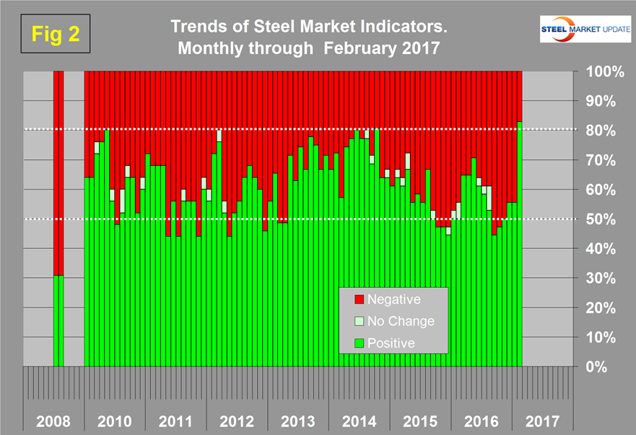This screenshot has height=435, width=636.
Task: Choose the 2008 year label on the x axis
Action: click(54, 419)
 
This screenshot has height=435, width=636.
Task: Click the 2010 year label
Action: click(114, 419)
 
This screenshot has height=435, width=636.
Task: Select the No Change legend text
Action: click(401, 321)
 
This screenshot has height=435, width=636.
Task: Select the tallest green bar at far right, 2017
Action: click(520, 245)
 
